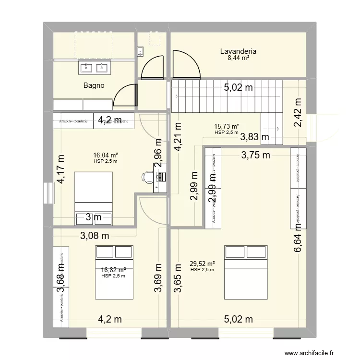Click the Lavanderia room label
pyautogui.click(x=238, y=51)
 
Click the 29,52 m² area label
pyautogui.click(x=202, y=264)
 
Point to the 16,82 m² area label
pyautogui.click(x=113, y=270)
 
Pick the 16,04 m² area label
pyautogui.click(x=106, y=155)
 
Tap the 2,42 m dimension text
pyautogui.click(x=298, y=112)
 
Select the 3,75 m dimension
pyautogui.click(x=255, y=155)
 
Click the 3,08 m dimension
pyautogui.click(x=95, y=235)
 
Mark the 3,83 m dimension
pyautogui.click(x=255, y=137)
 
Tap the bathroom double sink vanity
pyautogui.click(x=94, y=68)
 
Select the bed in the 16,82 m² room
pyautogui.click(x=114, y=271)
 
